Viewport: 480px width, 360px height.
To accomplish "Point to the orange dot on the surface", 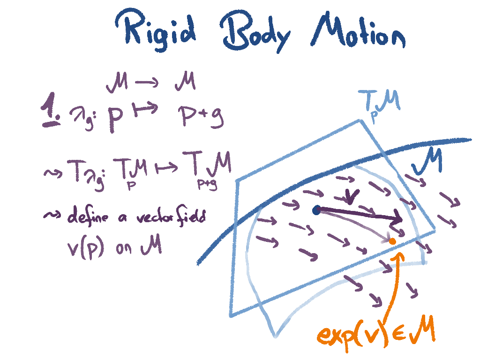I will (392, 241).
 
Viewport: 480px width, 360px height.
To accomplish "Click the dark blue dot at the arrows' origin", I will (317, 210).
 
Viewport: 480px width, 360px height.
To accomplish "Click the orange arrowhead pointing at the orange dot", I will (399, 256).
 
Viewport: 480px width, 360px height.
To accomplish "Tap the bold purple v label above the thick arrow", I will (350, 196).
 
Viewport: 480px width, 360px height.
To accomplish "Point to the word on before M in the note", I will (125, 248).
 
